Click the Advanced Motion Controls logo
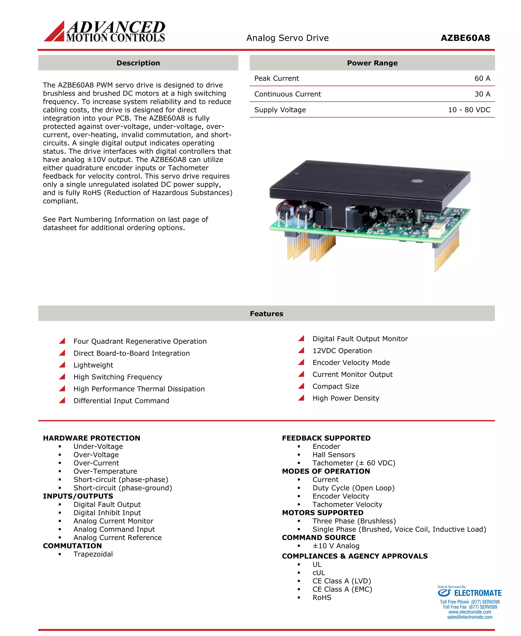[x=105, y=31]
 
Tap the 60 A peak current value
[x=482, y=78]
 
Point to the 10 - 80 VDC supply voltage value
[x=469, y=110]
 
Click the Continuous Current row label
[x=287, y=94]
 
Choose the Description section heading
[x=138, y=63]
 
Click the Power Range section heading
[x=372, y=63]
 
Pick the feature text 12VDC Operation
[x=342, y=351]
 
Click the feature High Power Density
[x=345, y=398]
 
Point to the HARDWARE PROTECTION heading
[x=92, y=438]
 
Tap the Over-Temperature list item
[x=105, y=471]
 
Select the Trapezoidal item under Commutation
[x=93, y=554]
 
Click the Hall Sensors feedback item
[x=334, y=455]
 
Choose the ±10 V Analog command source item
[x=336, y=546]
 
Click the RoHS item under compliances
[x=322, y=598]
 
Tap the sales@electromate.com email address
[x=469, y=617]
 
